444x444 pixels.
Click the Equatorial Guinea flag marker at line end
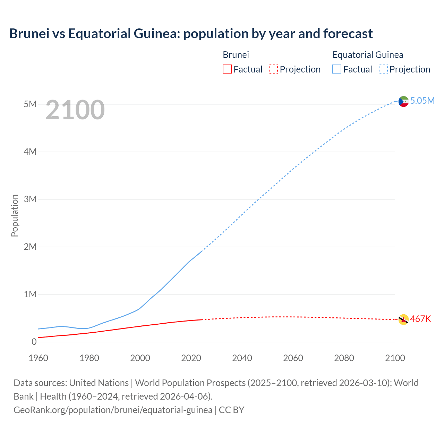(403, 101)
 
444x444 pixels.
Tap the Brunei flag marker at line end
(403, 319)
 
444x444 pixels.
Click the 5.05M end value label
(422, 101)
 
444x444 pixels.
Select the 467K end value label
(420, 319)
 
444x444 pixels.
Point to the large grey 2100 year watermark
(75, 110)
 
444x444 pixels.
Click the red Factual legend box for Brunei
(227, 69)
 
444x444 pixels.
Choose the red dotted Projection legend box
(273, 69)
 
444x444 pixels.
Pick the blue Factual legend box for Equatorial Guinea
(337, 69)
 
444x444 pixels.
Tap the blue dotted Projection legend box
(383, 69)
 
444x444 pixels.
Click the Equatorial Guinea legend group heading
(368, 55)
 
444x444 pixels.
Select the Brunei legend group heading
(236, 55)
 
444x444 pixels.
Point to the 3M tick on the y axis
(30, 199)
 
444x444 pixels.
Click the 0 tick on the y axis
(34, 342)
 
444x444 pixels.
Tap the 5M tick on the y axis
(30, 104)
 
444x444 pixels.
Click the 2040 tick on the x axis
(242, 358)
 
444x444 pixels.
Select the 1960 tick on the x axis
(38, 358)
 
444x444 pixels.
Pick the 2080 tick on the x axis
(344, 358)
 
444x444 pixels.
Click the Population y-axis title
(15, 215)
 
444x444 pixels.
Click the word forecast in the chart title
(348, 34)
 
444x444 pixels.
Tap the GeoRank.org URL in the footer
(113, 410)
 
